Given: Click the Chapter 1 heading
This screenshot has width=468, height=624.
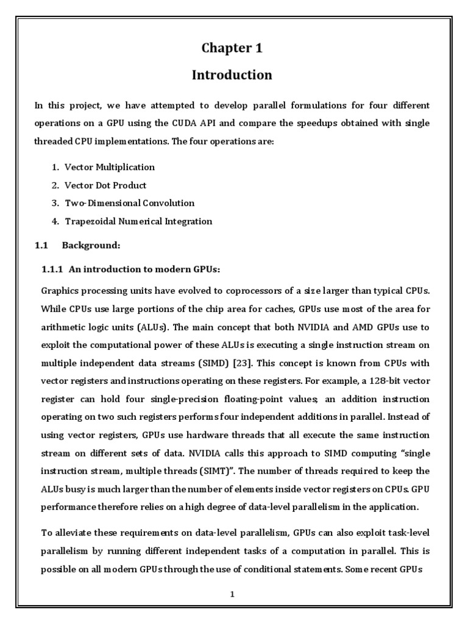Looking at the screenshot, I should (x=232, y=48).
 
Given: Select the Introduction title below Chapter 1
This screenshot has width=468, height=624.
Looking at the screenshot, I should (x=232, y=75).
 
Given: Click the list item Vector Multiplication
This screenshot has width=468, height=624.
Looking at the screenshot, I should (x=110, y=167).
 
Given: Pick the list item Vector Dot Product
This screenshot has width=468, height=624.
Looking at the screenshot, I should (x=106, y=185).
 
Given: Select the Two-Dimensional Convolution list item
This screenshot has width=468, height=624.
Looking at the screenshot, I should (x=130, y=203).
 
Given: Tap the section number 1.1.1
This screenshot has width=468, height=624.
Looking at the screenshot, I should (x=53, y=269).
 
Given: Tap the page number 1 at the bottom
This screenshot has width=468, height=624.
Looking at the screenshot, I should (x=232, y=595).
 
